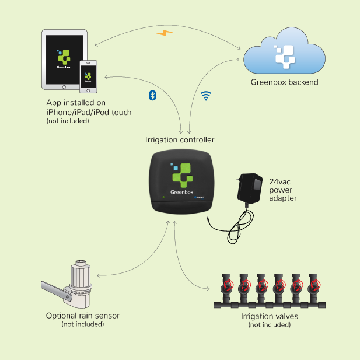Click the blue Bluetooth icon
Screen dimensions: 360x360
(152, 95)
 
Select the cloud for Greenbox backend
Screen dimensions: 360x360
(284, 55)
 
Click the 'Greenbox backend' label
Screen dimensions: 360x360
(284, 82)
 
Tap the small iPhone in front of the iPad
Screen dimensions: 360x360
(89, 76)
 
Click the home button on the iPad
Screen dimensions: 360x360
(65, 85)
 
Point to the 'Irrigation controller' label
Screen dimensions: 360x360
(180, 140)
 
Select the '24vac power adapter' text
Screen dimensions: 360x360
(283, 190)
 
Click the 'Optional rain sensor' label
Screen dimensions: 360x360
(83, 316)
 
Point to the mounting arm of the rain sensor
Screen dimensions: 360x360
(54, 290)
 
